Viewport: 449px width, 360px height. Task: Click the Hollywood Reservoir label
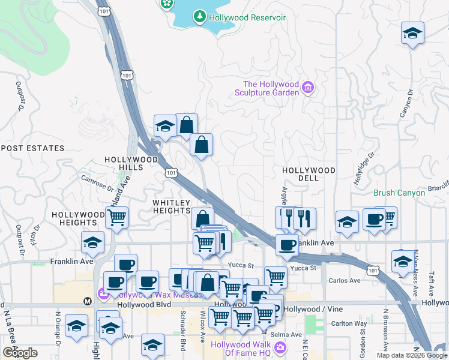[x=247, y=17]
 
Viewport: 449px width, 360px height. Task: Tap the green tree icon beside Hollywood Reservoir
[x=200, y=17]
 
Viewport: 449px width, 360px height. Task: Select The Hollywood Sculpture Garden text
[x=271, y=88]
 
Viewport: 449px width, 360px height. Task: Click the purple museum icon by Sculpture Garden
[x=308, y=88]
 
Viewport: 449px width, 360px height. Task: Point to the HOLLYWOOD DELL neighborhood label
[x=309, y=175]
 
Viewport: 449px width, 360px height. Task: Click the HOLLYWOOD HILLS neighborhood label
[x=131, y=163]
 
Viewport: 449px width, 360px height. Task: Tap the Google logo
[x=20, y=353]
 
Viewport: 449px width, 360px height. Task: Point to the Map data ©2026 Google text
[x=411, y=355]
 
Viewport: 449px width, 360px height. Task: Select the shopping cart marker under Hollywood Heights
[x=117, y=218]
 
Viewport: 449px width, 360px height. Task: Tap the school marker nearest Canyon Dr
[x=412, y=32]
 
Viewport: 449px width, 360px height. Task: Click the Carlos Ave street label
[x=344, y=280]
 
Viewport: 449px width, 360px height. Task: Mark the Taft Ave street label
[x=431, y=283]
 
